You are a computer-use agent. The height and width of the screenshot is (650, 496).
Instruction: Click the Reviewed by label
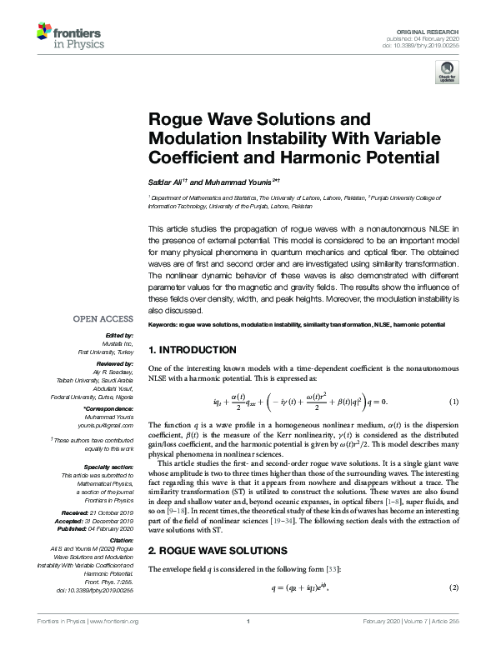click(113, 365)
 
